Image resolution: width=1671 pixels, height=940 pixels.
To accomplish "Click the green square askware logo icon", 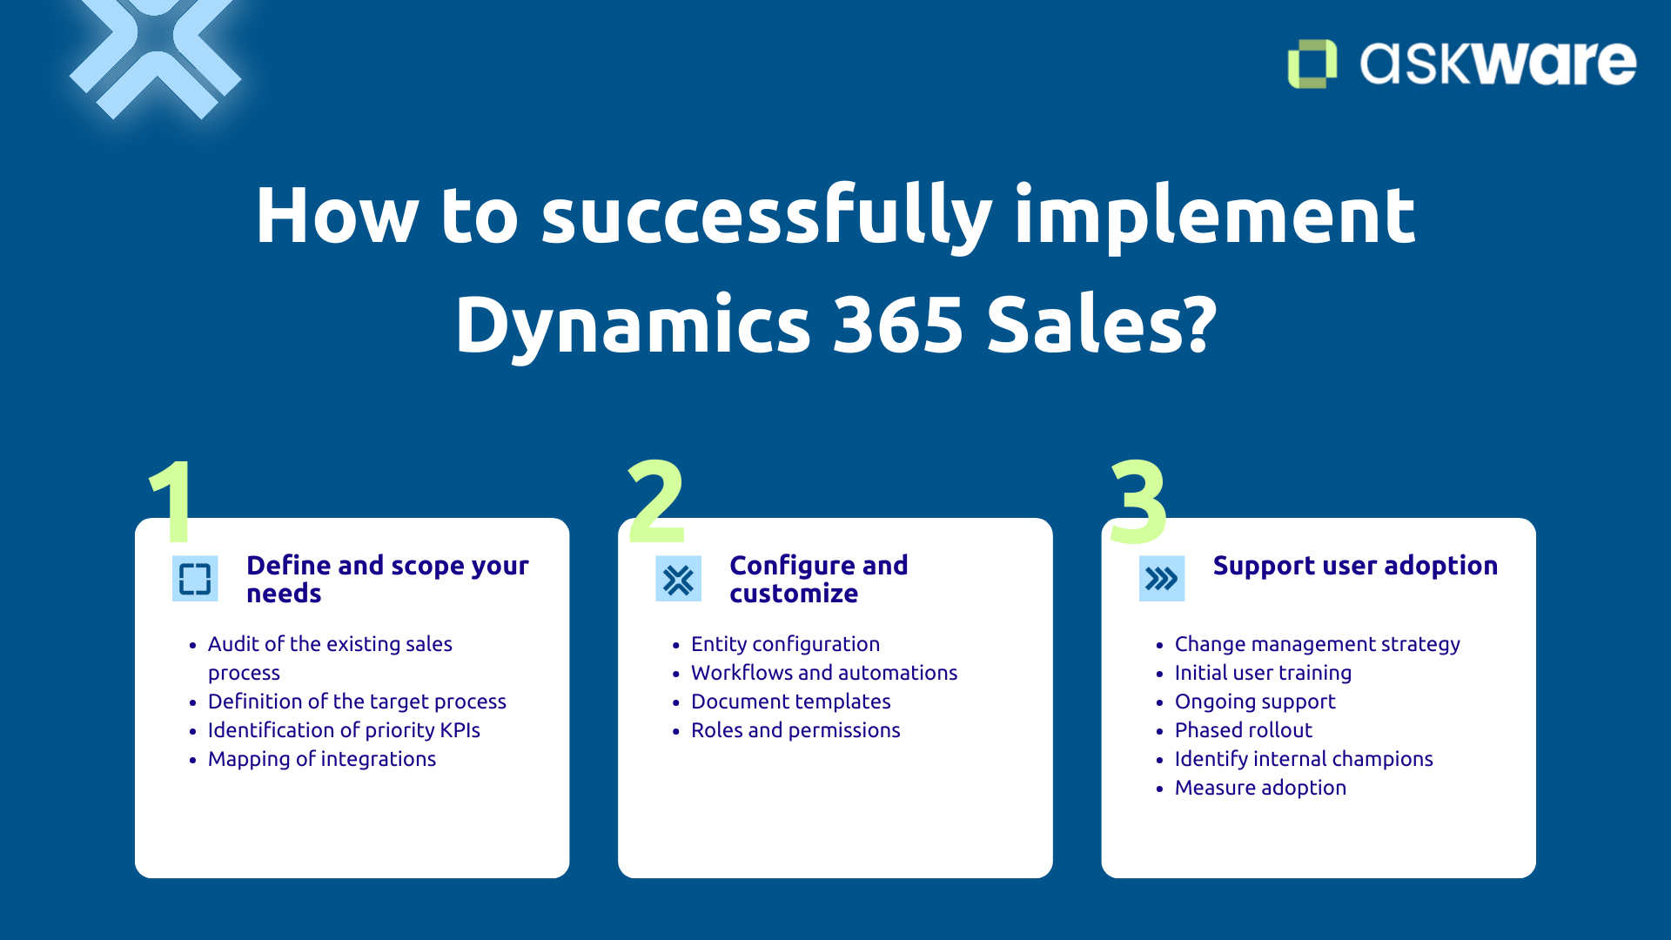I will click(1312, 64).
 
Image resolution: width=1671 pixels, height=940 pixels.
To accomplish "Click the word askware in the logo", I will click(1497, 64).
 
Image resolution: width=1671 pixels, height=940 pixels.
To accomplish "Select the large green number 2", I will click(656, 502).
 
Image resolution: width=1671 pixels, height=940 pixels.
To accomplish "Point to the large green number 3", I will click(1138, 502).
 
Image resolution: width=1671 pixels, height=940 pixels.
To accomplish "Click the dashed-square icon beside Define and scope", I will click(195, 579).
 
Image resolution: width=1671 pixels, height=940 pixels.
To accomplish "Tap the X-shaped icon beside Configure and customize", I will click(678, 579).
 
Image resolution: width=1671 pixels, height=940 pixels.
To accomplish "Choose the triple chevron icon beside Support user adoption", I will click(1161, 579).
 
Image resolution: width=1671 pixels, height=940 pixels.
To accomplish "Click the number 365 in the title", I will click(897, 326).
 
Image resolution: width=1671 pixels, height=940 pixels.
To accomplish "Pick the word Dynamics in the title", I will click(633, 326).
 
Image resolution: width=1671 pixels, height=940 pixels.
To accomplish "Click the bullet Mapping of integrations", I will click(321, 759).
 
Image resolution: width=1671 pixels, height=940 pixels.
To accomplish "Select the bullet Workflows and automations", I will click(823, 673).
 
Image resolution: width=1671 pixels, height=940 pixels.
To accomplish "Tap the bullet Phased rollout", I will click(1243, 730).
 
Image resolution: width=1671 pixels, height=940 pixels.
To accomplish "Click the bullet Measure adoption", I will click(1259, 788).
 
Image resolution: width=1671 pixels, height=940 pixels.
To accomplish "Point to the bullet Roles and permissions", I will click(795, 730).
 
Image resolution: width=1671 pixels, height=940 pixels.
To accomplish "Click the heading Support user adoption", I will click(1355, 566).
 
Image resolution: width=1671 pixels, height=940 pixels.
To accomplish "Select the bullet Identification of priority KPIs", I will click(344, 730).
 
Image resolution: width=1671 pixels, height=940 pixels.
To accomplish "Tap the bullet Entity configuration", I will click(785, 644).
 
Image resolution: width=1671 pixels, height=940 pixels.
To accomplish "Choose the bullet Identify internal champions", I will click(1303, 759).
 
